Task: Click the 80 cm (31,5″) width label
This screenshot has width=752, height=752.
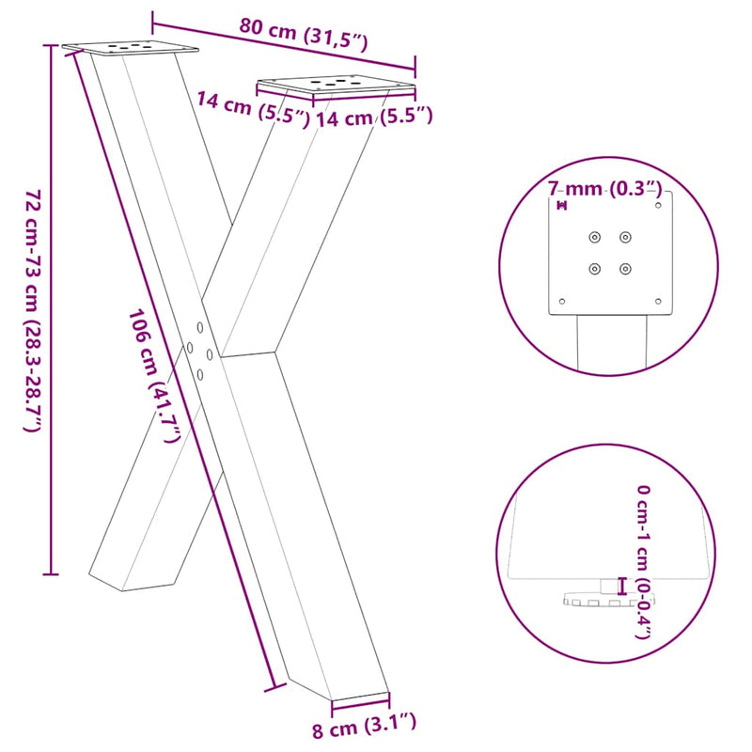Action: tap(302, 34)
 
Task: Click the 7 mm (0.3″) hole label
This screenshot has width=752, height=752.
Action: tap(606, 189)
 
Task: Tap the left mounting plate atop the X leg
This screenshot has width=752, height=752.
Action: tap(131, 47)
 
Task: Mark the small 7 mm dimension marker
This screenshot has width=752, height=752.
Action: tap(562, 205)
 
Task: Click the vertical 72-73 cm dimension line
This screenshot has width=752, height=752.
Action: tap(52, 310)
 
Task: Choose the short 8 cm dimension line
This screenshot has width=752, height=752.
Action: tap(360, 701)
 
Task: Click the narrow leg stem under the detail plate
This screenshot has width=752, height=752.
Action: tap(612, 343)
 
